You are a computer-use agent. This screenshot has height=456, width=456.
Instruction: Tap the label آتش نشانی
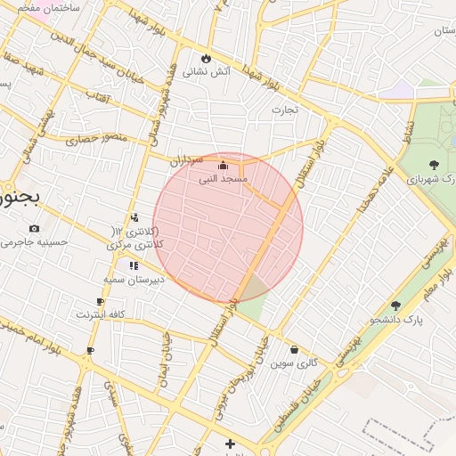(206, 70)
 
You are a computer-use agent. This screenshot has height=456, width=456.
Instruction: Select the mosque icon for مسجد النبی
(223, 165)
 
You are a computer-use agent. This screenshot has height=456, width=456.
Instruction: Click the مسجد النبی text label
(223, 179)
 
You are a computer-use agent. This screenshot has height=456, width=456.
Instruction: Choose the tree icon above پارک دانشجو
(395, 305)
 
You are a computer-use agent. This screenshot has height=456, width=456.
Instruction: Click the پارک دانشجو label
(395, 319)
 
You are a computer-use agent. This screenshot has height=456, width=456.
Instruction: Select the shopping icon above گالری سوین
(294, 350)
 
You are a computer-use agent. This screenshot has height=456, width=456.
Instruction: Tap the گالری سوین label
(294, 363)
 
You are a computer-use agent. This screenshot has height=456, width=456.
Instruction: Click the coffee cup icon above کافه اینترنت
(100, 302)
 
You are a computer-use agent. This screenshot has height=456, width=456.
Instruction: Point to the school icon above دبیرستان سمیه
(134, 265)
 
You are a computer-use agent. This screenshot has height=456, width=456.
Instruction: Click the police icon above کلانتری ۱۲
(134, 217)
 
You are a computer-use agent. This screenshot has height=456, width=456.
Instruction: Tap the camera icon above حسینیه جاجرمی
(34, 229)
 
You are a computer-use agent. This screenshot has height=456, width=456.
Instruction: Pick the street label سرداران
(188, 161)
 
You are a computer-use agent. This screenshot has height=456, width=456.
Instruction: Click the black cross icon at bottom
(231, 444)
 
